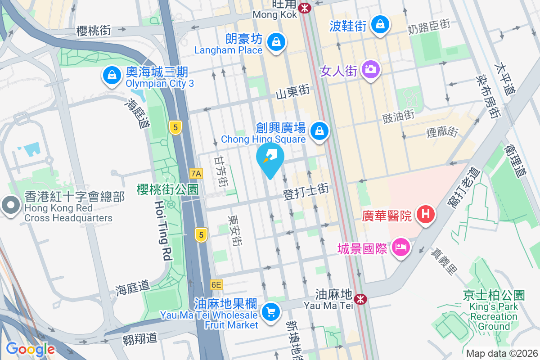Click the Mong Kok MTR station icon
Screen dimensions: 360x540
[305, 8]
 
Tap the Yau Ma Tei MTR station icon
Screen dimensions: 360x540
[360, 299]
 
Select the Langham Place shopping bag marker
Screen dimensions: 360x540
[275, 42]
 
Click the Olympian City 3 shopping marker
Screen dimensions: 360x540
[111, 75]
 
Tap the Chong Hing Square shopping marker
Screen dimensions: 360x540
[319, 131]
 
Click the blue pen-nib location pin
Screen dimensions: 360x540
[270, 158]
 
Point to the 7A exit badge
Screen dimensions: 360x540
[196, 173]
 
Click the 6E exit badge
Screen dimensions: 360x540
[216, 285]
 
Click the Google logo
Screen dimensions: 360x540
[30, 349]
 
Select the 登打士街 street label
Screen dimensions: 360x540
[306, 192]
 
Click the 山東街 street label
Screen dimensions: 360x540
[293, 92]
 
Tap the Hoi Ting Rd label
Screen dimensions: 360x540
[163, 230]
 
